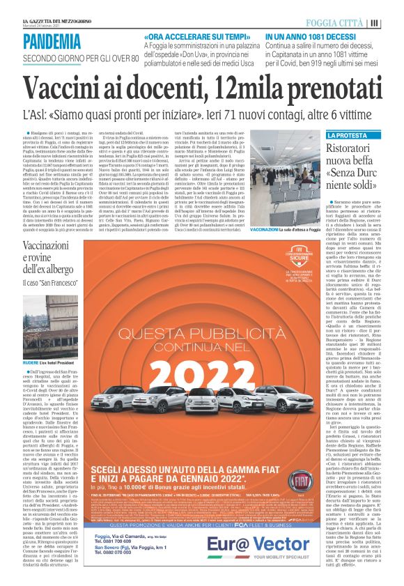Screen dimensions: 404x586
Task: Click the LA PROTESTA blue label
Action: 346,135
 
